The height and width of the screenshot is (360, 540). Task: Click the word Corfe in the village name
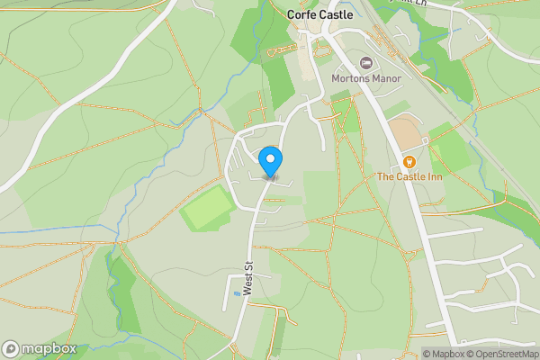tap(301, 15)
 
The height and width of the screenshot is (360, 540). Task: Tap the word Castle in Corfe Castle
tap(335, 15)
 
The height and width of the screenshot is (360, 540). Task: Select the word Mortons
tap(351, 78)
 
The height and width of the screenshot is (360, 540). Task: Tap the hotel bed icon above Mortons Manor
tap(366, 63)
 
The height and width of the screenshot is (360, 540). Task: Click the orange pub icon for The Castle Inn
tap(409, 161)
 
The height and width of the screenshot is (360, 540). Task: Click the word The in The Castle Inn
tap(385, 176)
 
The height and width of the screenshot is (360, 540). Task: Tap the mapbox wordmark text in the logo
tap(49, 348)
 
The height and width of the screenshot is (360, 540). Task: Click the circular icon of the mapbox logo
tap(11, 348)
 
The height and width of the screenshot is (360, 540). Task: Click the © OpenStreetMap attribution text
tap(500, 354)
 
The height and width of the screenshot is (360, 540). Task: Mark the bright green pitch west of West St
tap(210, 209)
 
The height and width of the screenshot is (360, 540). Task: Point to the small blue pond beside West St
tap(237, 292)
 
